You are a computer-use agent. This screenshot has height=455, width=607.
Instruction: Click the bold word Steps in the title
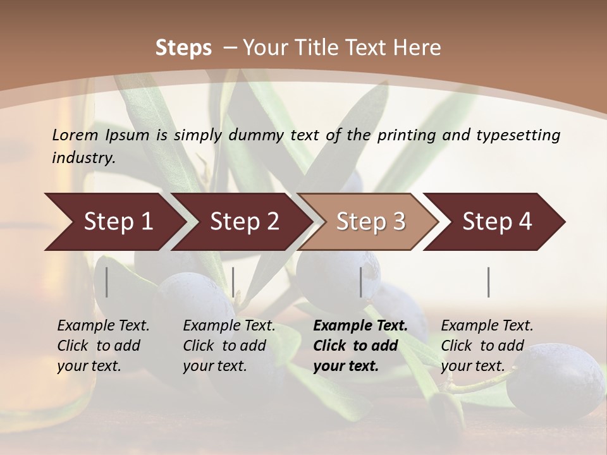pyautogui.click(x=183, y=48)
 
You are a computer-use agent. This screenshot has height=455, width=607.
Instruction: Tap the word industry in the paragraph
pyautogui.click(x=83, y=157)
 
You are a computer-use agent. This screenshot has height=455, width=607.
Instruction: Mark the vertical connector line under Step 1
pyautogui.click(x=106, y=282)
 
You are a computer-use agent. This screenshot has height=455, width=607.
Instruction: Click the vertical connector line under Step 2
pyautogui.click(x=233, y=282)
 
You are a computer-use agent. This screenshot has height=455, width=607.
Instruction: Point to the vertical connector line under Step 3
pyautogui.click(x=361, y=282)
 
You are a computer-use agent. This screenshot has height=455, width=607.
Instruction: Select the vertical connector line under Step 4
pyautogui.click(x=488, y=282)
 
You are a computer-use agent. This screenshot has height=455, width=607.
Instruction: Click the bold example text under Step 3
pyautogui.click(x=360, y=346)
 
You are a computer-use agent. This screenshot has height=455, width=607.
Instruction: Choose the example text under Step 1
pyautogui.click(x=103, y=346)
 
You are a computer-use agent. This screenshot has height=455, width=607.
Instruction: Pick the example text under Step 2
pyautogui.click(x=229, y=346)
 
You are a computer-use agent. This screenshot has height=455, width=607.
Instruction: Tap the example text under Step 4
pyautogui.click(x=487, y=346)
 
